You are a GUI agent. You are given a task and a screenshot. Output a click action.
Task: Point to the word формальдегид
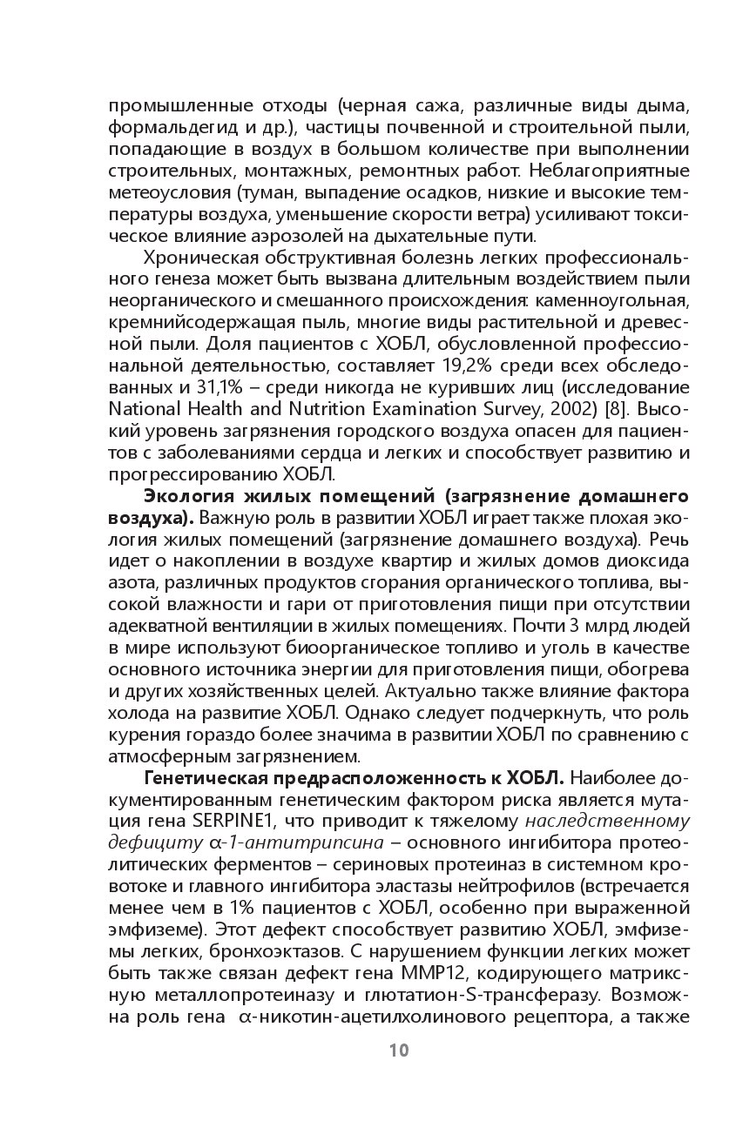162,128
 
